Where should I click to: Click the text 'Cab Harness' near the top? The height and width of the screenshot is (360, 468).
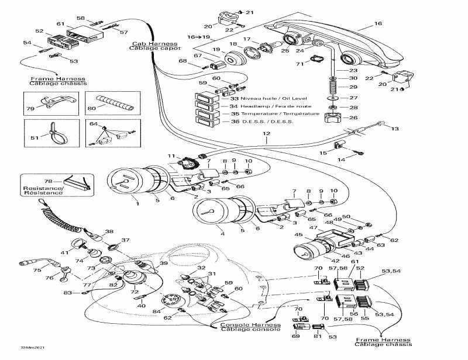[146, 43]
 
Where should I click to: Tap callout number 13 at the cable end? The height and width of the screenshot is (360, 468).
[394, 128]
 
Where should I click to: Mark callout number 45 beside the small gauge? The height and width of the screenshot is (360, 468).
[299, 235]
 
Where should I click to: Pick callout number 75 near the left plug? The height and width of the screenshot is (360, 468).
[36, 270]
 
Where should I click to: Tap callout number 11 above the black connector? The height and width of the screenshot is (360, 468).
[171, 156]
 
